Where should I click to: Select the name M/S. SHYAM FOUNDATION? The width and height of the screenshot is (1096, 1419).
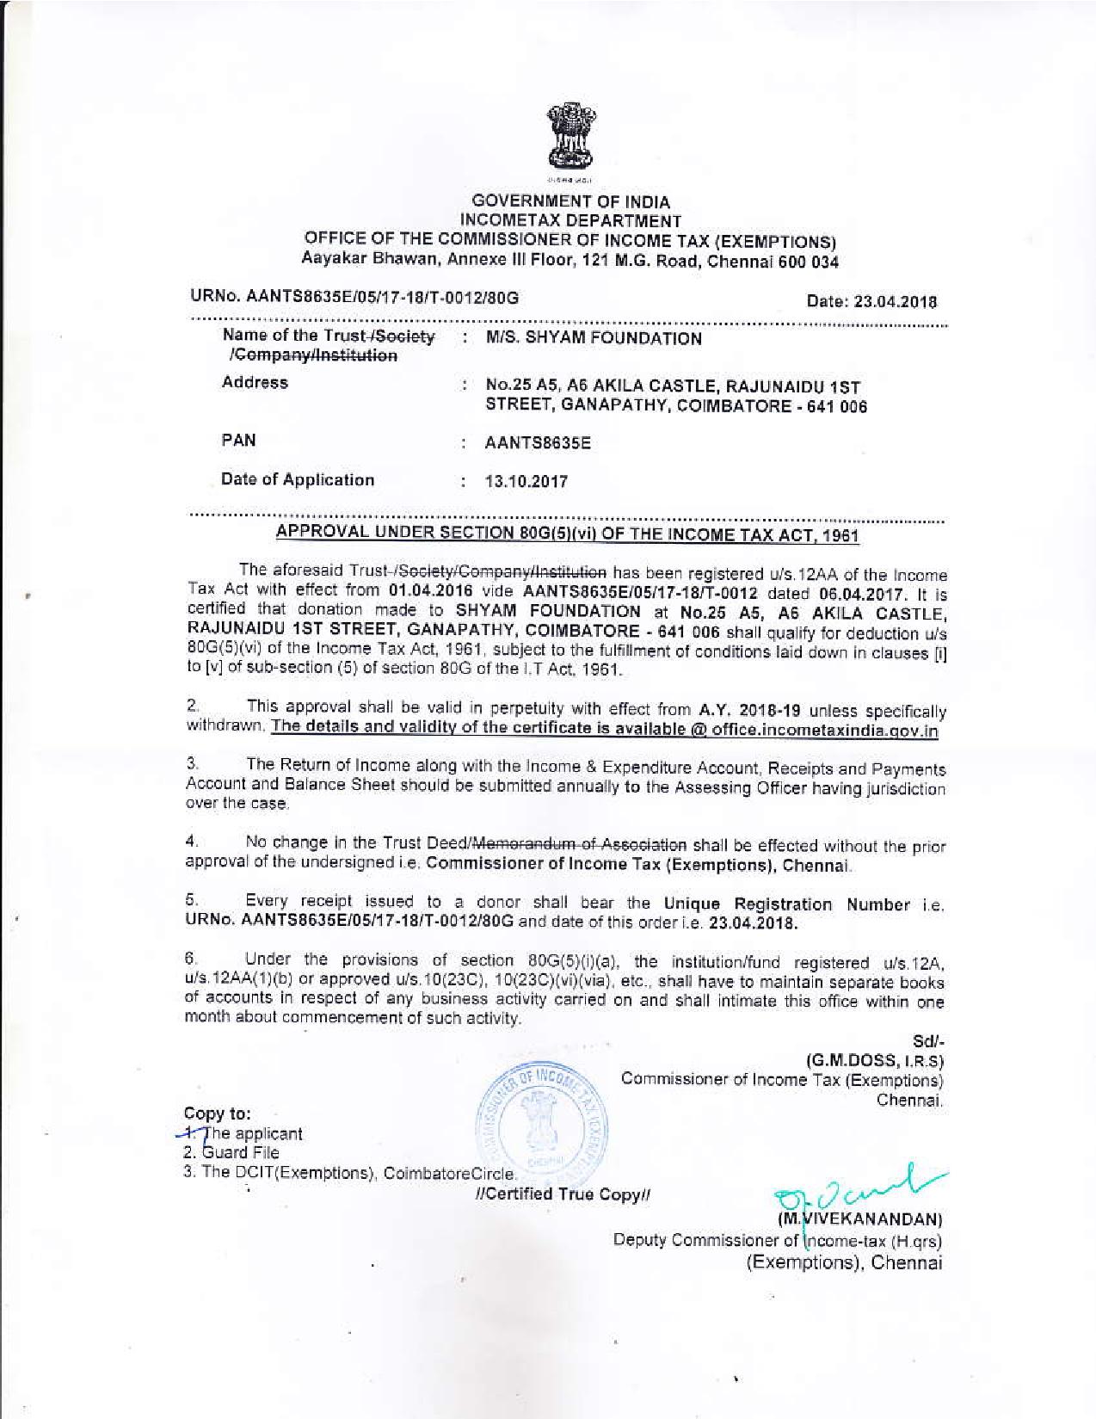[x=594, y=339]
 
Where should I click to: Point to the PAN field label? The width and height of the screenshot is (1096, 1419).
[x=238, y=441]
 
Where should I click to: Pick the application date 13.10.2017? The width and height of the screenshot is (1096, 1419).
[x=526, y=482]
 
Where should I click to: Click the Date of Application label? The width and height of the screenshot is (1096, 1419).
[x=298, y=480]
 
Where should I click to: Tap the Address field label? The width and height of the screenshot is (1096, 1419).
[x=255, y=384]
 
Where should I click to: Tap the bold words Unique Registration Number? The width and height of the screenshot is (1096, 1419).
[x=786, y=904]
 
